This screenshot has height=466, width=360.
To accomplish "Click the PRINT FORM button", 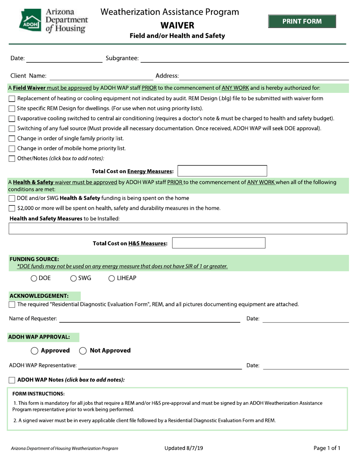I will point(302,21).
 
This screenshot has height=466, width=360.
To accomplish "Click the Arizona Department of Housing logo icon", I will point(30,20).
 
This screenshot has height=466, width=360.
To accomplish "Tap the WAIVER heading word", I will point(177,25).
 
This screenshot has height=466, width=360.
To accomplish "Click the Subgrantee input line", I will point(245,58).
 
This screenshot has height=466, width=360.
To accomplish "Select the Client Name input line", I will point(101,76).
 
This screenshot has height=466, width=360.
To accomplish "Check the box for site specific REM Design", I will point(12,109).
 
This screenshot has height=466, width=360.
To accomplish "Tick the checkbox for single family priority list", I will point(12,139).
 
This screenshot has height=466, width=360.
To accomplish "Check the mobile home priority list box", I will point(12,149).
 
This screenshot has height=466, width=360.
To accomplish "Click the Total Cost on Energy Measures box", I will point(222,171).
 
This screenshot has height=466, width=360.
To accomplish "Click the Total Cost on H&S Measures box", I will point(219,243).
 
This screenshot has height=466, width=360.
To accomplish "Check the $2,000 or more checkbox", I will point(12,208).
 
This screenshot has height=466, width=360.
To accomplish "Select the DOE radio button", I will point(34,278).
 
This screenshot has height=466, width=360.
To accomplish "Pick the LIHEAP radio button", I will point(112,278).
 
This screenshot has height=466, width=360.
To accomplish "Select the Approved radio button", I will point(34,351).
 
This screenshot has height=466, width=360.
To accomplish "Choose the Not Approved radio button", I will point(83,351).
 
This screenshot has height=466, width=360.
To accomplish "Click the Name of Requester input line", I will point(150,319).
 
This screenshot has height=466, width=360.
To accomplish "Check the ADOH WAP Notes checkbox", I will point(12,380).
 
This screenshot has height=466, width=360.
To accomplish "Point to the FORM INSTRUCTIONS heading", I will point(39,393).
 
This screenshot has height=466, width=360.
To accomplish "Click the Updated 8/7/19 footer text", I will point(184,448).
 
